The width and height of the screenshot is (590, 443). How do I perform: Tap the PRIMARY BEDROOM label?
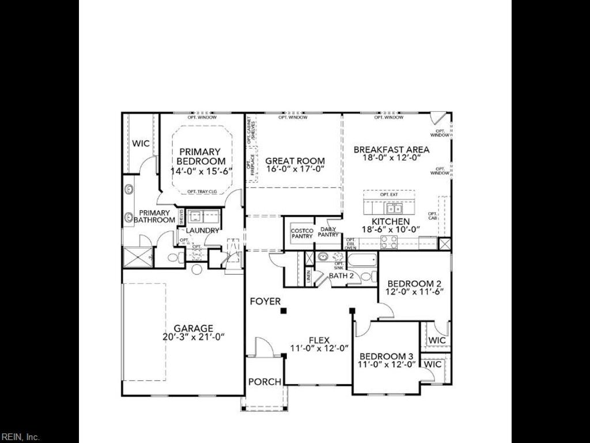click(199, 156)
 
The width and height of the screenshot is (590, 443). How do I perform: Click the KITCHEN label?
click(391, 221)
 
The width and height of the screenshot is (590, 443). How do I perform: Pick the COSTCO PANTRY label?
click(302, 232)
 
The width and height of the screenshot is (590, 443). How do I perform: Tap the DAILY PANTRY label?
click(328, 232)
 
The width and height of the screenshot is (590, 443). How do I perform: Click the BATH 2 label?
click(341, 276)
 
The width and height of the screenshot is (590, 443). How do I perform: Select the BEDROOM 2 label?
click(414, 283)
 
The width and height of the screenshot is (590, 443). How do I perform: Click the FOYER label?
click(265, 301)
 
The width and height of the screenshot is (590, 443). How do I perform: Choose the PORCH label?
click(265, 382)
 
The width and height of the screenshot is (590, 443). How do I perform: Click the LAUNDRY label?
click(202, 231)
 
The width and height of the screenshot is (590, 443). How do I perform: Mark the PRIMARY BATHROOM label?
click(154, 216)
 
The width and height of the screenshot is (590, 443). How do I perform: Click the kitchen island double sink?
click(394, 208)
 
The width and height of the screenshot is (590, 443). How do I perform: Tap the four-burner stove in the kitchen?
click(389, 242)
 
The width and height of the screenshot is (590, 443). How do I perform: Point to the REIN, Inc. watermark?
click(20, 437)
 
